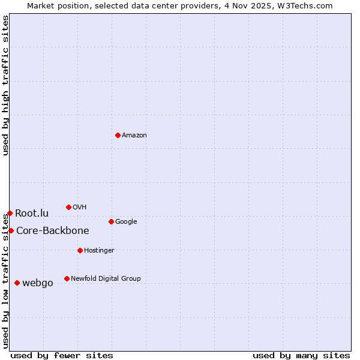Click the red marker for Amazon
[118, 135]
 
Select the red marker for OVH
[68, 207]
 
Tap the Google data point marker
[111, 221]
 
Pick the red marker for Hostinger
[80, 250]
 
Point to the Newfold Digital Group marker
[67, 278]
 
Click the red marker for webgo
[17, 283]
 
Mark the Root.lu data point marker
[10, 213]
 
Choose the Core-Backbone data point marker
[11, 230]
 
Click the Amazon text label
[134, 136]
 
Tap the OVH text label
[80, 208]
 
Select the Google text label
[126, 222]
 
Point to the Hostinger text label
[99, 251]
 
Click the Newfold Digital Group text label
[106, 279]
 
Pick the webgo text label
[38, 283]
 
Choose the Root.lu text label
[32, 214]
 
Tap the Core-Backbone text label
[53, 231]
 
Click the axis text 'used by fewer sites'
[62, 355]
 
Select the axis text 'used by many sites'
[301, 355]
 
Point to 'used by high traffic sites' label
[5, 85]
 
